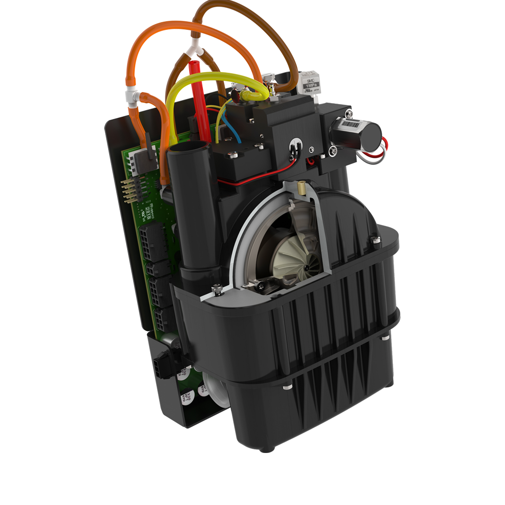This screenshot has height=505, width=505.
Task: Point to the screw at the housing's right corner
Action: click(375, 240)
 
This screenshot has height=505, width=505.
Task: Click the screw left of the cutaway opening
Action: click(217, 287)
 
